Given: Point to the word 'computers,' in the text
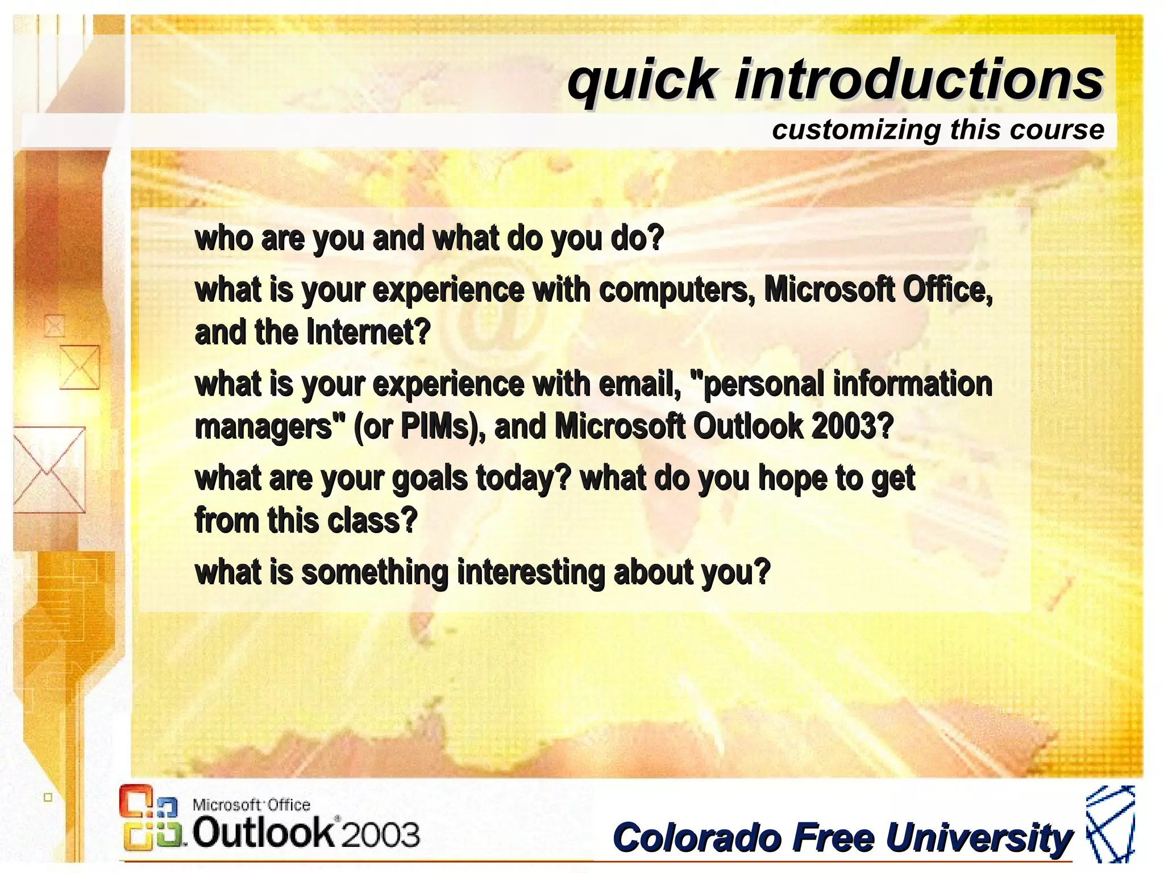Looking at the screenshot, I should [x=676, y=290].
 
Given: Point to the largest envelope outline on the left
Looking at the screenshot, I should [x=49, y=470].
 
